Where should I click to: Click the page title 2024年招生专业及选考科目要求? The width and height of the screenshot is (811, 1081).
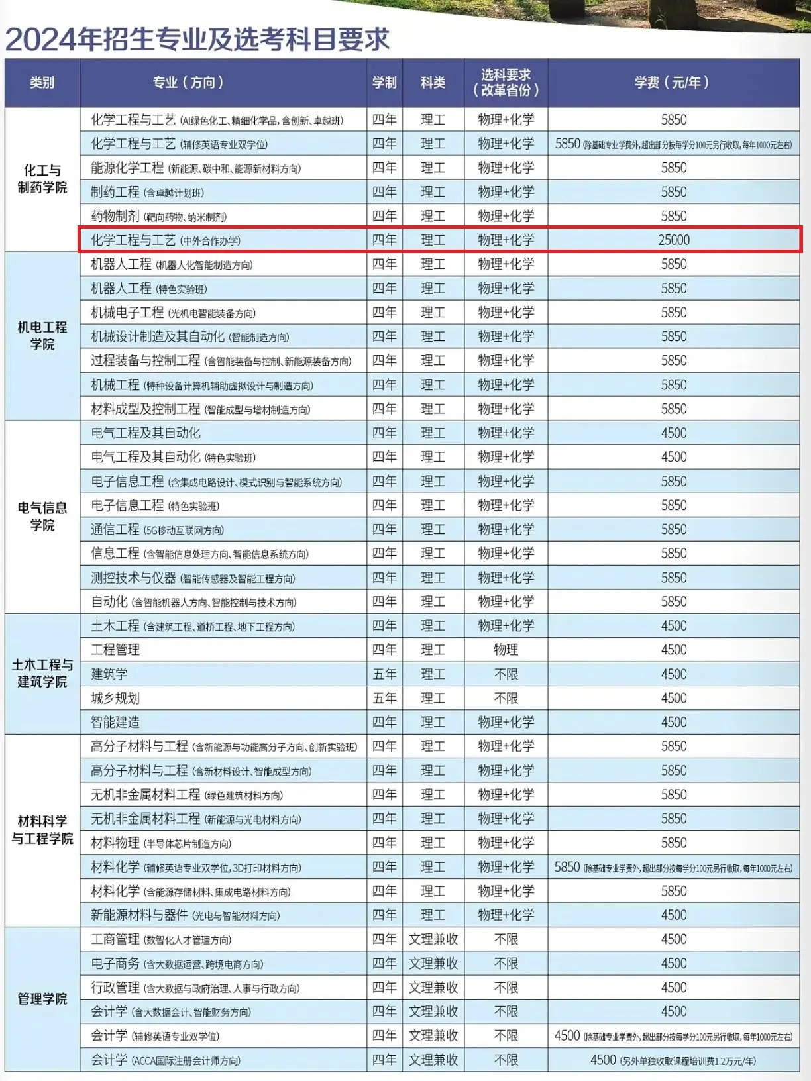[197, 40]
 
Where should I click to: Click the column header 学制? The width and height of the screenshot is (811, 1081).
[384, 83]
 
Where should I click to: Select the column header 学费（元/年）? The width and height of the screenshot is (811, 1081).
[673, 83]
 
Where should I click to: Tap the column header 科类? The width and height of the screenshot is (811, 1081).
[433, 83]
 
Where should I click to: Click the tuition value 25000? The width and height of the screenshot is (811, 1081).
[674, 240]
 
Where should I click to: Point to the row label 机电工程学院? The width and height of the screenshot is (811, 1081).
[42, 336]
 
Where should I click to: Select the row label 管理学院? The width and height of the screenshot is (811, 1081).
[42, 999]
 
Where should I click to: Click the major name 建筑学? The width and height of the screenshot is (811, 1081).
[109, 674]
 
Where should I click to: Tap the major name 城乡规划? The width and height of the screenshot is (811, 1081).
[115, 698]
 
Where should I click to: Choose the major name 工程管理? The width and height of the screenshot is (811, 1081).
[115, 650]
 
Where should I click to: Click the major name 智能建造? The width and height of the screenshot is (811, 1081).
[115, 722]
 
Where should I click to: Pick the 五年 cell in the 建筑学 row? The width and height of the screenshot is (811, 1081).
[384, 674]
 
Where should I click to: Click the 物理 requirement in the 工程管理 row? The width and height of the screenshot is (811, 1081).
[506, 650]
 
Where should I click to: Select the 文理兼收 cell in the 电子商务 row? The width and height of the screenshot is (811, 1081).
[433, 963]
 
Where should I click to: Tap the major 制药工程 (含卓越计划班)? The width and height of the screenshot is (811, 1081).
[147, 192]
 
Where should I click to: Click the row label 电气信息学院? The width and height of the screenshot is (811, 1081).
[42, 517]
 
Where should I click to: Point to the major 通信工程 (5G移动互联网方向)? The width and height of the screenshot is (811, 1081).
[157, 529]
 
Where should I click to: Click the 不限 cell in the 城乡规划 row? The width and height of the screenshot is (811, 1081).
[506, 698]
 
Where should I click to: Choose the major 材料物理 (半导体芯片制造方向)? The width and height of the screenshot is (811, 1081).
[161, 843]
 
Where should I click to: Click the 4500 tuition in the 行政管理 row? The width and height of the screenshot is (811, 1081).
[674, 988]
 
